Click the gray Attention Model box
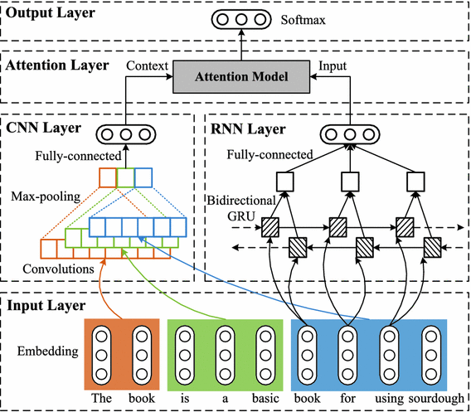point(241,77)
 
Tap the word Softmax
point(303,20)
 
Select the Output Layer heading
point(50,12)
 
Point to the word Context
point(147,65)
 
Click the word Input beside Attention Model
point(333,66)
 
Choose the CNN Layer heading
point(44,128)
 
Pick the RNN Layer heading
point(248,129)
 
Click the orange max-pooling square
point(108,177)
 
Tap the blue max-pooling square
point(143,177)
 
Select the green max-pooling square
point(125,177)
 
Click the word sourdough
point(436,399)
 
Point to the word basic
point(265,398)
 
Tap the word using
point(389,399)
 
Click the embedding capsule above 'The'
point(101,356)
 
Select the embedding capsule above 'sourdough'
point(431,356)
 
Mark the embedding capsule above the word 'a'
point(225,356)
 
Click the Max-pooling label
point(46,196)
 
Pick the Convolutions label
point(58,269)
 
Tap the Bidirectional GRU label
point(241,208)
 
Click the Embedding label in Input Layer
point(48,351)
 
